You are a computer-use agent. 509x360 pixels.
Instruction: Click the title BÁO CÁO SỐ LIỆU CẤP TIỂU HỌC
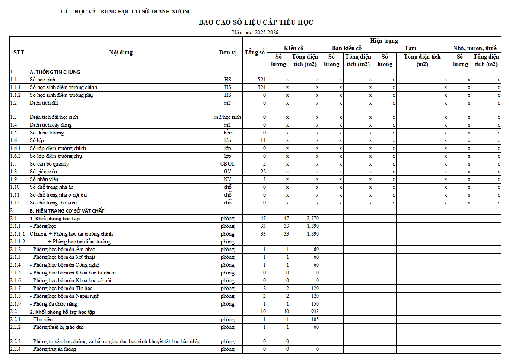point(256,22)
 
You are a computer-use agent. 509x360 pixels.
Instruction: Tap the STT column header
point(19,52)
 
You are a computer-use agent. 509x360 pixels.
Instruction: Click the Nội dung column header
point(121,52)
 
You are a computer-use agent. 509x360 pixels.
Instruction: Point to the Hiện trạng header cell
point(384,41)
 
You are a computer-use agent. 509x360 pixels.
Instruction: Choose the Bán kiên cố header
point(347,48)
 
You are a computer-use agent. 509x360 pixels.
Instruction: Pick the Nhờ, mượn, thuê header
point(474,48)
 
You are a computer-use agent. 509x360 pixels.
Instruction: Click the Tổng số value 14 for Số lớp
point(263,140)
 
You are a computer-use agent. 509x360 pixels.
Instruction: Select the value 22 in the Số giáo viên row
point(263,172)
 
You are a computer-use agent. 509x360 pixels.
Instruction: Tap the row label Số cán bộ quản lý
point(50,164)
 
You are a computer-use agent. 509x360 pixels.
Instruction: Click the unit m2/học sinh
point(228,117)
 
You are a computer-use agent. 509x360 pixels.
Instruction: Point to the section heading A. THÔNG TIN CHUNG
point(55,72)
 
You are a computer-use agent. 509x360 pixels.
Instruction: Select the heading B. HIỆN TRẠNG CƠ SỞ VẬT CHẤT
point(67,210)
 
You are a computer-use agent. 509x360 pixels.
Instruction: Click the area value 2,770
point(312,218)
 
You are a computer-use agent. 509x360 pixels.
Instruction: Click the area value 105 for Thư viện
point(315,319)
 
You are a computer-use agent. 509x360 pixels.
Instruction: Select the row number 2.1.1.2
point(18,242)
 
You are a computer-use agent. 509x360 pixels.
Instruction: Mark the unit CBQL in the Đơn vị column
point(228,164)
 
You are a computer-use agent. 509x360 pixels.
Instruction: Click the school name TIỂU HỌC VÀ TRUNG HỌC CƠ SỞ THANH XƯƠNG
point(126,12)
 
